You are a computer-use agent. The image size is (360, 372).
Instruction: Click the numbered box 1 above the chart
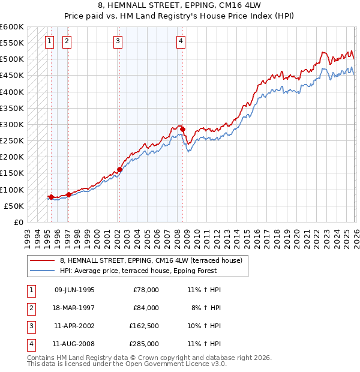click(49, 41)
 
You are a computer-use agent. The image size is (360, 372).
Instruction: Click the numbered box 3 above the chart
click(118, 41)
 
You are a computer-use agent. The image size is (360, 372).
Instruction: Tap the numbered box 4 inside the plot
click(181, 41)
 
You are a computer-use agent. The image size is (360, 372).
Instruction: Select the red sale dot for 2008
click(182, 129)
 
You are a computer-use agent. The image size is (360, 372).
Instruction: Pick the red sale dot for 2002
click(119, 170)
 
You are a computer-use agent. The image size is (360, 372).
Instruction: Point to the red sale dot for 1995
click(51, 197)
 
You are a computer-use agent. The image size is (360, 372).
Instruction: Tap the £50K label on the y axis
click(14, 206)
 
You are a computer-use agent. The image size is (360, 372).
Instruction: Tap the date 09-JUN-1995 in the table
click(74, 290)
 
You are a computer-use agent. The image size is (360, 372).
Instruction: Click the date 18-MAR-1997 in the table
click(74, 308)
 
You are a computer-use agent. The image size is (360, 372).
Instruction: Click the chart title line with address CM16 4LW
click(179, 6)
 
